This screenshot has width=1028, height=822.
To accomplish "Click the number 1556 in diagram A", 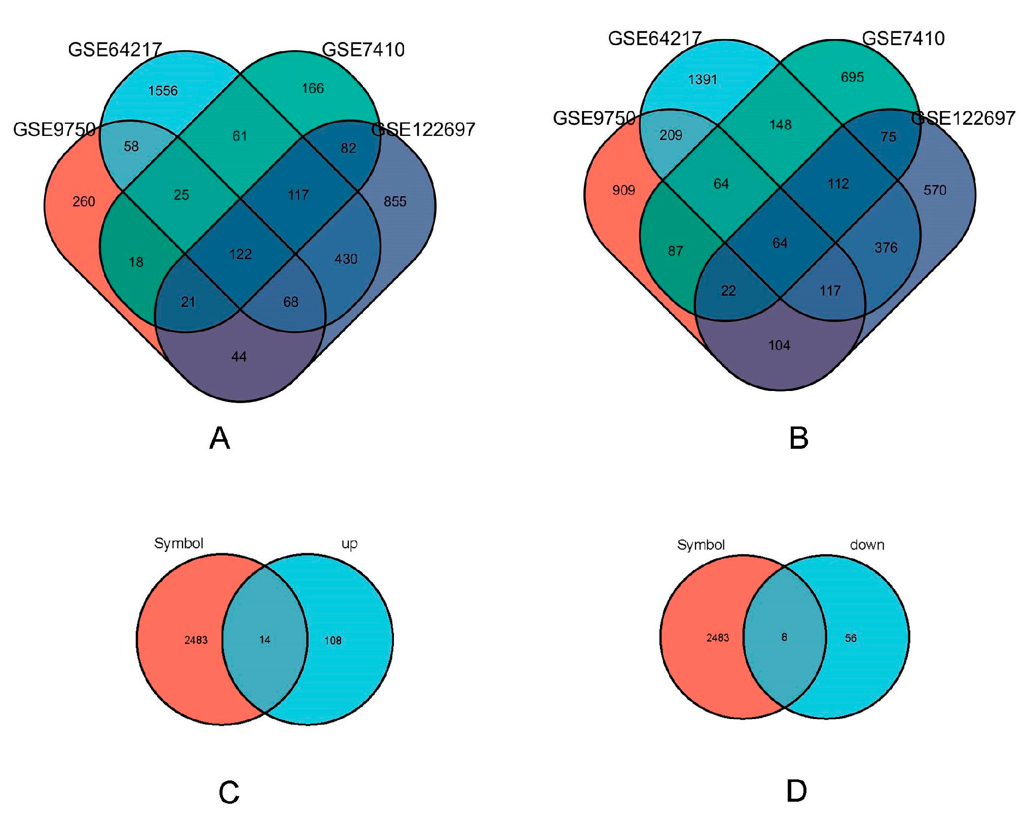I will (163, 91).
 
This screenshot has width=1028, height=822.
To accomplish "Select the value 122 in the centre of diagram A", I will (240, 254).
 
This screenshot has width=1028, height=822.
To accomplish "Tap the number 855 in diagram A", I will (395, 202).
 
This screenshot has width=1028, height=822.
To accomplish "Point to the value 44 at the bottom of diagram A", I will (239, 357).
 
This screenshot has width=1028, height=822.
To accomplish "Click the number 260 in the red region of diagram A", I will (84, 202).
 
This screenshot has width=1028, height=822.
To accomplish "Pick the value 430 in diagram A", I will (346, 259).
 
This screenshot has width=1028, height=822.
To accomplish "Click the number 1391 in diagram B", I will (702, 80).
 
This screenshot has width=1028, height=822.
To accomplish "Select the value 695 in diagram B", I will (852, 77).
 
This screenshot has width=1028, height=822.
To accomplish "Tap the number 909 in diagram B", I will (623, 190).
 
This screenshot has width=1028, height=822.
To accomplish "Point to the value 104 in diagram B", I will (779, 345).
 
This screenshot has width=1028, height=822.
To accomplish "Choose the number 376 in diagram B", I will (886, 247).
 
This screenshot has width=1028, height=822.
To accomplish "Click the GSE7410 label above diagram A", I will (363, 50).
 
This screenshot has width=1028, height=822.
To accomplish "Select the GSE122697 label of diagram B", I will (963, 118).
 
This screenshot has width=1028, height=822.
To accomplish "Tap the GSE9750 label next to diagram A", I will (54, 130).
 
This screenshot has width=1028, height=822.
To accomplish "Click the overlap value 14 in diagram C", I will (265, 640).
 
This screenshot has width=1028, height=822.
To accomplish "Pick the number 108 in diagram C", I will (333, 640).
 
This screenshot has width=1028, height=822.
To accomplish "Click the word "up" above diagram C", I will (349, 544).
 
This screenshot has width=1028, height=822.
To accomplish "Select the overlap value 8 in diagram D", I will (784, 637).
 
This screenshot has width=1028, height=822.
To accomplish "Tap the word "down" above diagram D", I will (867, 545).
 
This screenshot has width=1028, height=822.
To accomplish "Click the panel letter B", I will (798, 438).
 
